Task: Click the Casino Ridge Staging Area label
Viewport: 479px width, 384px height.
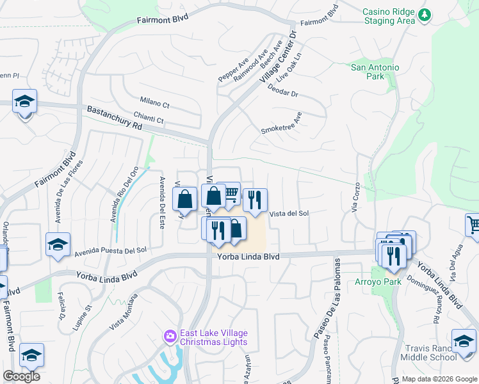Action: click(388, 16)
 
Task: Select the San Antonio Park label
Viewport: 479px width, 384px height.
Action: click(375, 72)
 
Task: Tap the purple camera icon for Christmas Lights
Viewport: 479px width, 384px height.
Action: click(170, 336)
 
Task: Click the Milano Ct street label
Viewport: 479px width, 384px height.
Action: click(154, 103)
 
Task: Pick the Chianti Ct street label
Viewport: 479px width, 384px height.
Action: click(149, 119)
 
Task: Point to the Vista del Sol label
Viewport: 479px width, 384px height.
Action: click(289, 214)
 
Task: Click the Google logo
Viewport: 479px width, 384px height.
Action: click(22, 376)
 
